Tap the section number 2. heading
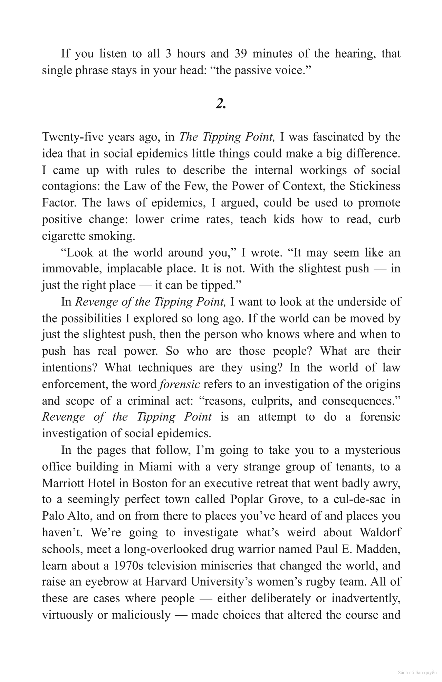coord(221,103)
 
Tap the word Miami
coord(155,467)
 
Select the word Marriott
coord(63,483)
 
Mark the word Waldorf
coord(380,532)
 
